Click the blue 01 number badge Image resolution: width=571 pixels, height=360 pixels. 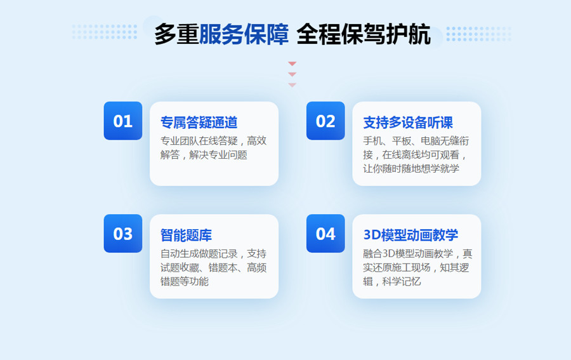[x=122, y=121]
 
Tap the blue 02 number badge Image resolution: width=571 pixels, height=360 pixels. [x=325, y=121]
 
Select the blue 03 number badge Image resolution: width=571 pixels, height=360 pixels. [x=122, y=233]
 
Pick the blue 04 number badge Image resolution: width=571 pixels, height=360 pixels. [x=325, y=233]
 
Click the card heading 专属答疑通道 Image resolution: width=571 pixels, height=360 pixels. [x=199, y=123]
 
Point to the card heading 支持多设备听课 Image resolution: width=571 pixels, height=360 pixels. [x=408, y=123]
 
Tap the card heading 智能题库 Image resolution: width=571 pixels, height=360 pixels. [x=186, y=235]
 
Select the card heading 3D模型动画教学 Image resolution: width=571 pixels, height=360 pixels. [x=410, y=235]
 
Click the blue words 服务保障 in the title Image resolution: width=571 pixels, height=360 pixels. [x=244, y=34]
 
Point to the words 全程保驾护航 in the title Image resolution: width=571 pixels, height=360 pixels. [x=364, y=34]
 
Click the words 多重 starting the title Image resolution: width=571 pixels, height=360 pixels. [x=176, y=34]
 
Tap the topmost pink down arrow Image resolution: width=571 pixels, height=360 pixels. [x=292, y=63]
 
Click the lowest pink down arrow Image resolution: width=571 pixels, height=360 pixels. [x=292, y=85]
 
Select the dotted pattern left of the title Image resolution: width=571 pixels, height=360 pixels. [x=105, y=32]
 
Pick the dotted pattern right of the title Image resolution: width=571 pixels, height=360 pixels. [x=479, y=34]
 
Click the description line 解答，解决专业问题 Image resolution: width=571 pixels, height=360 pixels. [x=204, y=155]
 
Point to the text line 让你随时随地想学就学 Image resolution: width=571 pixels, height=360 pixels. [x=411, y=168]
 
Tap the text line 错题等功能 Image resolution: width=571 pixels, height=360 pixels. [x=184, y=281]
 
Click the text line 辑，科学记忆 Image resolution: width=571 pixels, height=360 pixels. [x=392, y=281]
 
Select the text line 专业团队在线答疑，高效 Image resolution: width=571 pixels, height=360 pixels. [x=213, y=141]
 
